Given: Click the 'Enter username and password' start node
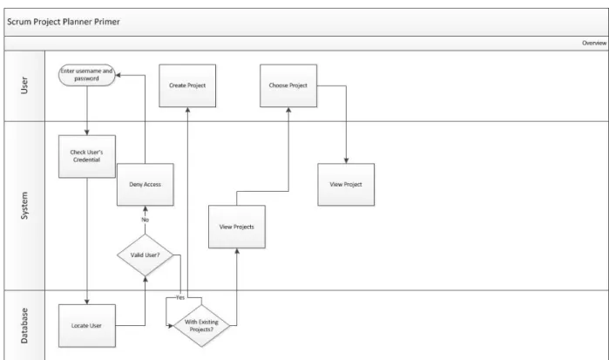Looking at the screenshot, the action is (x=87, y=75).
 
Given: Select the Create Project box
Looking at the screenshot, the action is (x=187, y=85).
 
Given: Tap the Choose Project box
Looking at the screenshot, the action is (x=288, y=85).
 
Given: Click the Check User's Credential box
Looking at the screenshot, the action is (x=87, y=156).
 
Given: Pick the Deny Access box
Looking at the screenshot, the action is (x=145, y=185).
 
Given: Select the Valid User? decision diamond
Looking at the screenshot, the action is (x=145, y=255).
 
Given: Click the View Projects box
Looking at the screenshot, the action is (x=237, y=227).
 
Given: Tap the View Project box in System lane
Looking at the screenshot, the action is (x=346, y=185).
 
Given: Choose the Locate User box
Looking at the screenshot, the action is (x=87, y=326).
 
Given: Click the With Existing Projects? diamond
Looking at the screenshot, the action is (x=201, y=326).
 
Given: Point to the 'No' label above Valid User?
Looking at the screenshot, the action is (x=145, y=220).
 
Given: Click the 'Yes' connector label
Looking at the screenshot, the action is (x=180, y=297).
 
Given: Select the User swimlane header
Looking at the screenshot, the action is (x=24, y=85).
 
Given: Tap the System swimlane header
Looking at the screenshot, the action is (x=24, y=206).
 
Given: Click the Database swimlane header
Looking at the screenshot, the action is (x=24, y=325).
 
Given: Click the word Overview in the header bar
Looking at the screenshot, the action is (x=594, y=44).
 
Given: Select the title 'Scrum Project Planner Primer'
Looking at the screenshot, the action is (x=64, y=22).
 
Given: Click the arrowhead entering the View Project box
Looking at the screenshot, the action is (x=346, y=160).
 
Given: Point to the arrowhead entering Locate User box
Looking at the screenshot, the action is (x=87, y=302).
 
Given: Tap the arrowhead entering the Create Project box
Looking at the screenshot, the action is (x=187, y=110).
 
